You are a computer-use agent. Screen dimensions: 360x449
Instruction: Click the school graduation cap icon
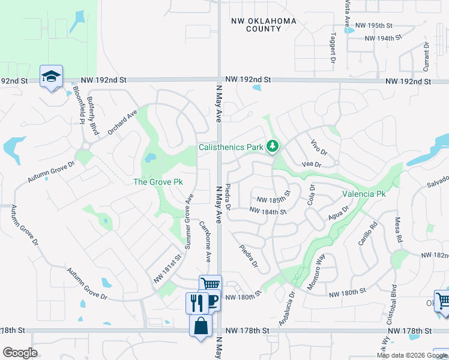tap(51, 76)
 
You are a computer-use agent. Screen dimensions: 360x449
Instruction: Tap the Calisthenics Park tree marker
tap(273, 146)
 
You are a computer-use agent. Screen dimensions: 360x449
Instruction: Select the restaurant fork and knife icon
tap(196, 302)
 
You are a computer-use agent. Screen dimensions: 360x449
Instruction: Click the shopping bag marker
tap(200, 326)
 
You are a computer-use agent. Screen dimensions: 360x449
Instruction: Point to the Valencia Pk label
tap(364, 194)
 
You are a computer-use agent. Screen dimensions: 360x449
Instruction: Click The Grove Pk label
tap(157, 182)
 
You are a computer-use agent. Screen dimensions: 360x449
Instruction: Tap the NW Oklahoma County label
tap(264, 25)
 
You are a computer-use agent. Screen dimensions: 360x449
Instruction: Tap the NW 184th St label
tap(268, 211)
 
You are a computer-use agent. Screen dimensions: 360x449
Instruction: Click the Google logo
tap(20, 353)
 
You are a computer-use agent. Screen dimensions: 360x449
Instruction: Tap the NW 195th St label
tap(373, 26)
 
